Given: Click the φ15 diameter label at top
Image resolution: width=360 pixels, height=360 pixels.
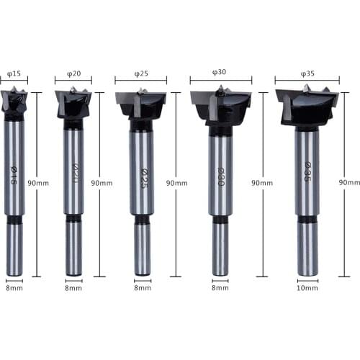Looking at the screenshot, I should [x=14, y=73].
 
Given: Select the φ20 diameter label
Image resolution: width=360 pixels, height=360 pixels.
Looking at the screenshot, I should [x=73, y=73].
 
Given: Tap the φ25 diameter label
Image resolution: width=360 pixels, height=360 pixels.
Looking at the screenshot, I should [x=140, y=73].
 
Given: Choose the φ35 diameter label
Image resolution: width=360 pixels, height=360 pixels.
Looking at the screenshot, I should [x=307, y=73].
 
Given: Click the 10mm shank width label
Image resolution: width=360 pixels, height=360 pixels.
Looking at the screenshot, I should [x=307, y=287].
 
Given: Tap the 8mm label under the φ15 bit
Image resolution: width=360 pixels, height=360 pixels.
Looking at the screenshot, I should [x=14, y=287].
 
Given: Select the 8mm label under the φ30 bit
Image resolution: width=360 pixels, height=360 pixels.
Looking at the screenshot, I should [x=220, y=287].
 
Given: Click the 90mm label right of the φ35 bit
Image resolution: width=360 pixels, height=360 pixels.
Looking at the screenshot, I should [x=349, y=183].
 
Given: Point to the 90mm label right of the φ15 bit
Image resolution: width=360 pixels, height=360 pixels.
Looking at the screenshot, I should [x=39, y=183].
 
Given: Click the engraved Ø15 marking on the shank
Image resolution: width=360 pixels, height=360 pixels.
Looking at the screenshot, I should [x=14, y=173].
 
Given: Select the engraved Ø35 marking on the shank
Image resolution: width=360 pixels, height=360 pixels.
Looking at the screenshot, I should [x=307, y=173].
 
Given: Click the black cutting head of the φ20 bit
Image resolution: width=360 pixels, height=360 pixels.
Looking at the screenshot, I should [x=73, y=104].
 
